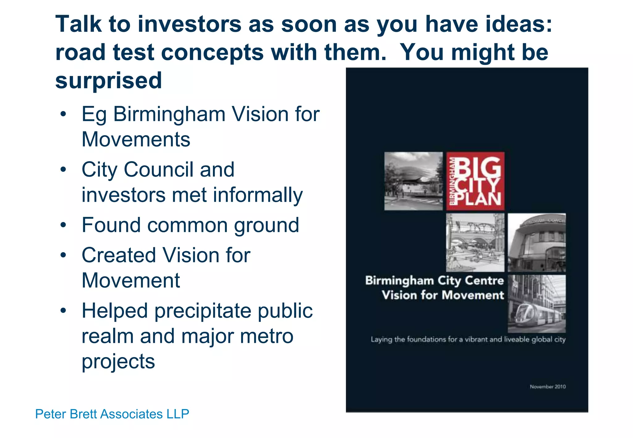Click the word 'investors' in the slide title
click(189, 24)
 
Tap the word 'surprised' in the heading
click(108, 80)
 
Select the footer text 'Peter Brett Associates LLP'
click(112, 414)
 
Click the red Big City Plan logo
click(475, 181)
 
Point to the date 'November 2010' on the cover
click(548, 386)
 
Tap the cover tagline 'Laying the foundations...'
click(468, 339)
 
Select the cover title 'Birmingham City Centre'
click(434, 280)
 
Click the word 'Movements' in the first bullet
click(136, 139)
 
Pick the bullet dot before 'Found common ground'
click(63, 225)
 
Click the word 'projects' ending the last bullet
click(118, 361)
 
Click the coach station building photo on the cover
click(537, 242)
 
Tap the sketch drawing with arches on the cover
click(475, 242)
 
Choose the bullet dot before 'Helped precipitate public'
click(63, 311)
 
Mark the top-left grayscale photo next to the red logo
click(413, 181)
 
